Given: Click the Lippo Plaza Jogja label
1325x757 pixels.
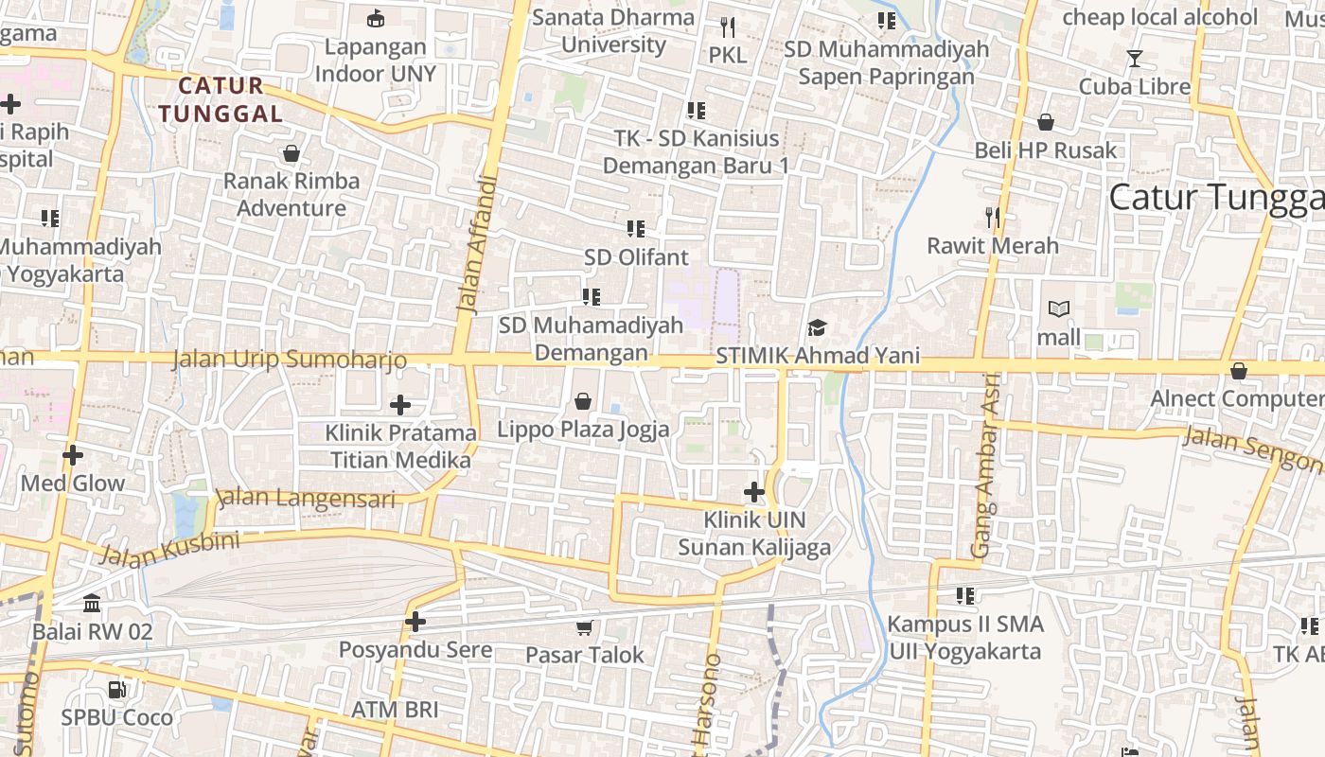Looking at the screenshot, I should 583,429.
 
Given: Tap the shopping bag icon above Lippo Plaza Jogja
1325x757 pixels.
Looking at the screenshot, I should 583,401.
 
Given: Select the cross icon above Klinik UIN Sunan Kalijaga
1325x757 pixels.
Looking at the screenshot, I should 754,492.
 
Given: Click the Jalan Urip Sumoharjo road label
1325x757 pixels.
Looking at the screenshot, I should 290,360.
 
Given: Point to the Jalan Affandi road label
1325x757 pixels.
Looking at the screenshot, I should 476,243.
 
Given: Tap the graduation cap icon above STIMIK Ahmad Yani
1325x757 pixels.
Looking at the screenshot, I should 817,327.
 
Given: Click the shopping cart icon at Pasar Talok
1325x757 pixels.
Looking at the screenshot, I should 585,627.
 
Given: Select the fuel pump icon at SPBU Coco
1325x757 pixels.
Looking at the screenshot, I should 116,690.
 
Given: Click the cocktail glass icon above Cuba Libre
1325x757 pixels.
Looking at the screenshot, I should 1135,59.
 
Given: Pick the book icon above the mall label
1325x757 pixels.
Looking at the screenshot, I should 1059,309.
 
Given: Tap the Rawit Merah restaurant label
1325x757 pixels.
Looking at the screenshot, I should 993,246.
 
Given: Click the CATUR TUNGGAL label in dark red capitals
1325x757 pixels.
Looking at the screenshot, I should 221,99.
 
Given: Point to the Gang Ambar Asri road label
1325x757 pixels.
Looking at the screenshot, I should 986,477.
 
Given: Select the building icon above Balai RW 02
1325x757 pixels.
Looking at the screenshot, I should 92,604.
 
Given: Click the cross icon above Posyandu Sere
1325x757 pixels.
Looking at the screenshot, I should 415,622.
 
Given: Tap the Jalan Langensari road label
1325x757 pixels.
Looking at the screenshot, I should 305,498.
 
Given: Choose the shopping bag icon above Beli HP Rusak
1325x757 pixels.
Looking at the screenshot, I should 1046,122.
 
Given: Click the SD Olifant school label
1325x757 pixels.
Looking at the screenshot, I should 636,257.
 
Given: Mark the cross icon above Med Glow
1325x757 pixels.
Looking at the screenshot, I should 73,456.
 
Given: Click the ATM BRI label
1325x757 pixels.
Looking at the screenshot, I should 395,710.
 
